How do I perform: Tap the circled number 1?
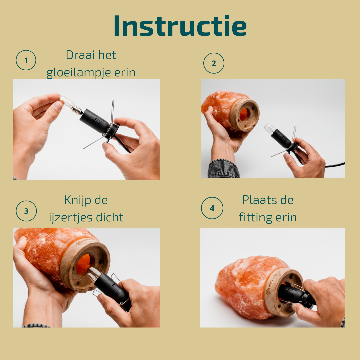click(x=26, y=60)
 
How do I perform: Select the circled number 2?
click(x=214, y=63)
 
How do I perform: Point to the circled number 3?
click(x=26, y=211)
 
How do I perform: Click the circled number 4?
click(x=212, y=208)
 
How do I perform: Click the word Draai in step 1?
click(x=80, y=55)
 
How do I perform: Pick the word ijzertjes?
click(x=71, y=218)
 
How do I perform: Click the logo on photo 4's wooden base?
click(x=268, y=292)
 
